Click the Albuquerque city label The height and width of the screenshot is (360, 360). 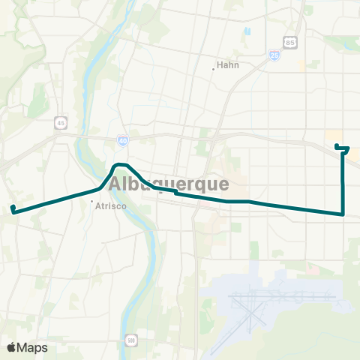169,184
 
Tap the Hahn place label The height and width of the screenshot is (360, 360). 227,64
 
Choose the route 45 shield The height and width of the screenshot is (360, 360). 59,122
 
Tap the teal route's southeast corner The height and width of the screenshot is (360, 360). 343,214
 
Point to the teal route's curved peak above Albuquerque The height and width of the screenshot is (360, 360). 120,164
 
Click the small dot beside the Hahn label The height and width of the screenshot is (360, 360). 214,68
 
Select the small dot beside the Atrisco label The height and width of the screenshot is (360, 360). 91,202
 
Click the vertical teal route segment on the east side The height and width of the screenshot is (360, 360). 343,184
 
